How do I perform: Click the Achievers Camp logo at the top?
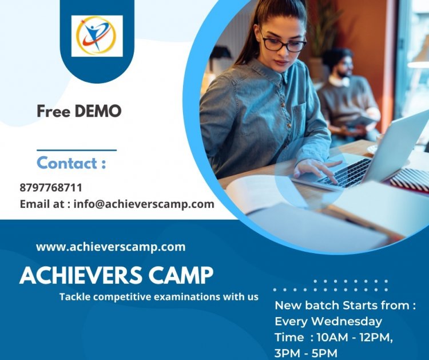[97, 35]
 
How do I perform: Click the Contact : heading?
[71, 163]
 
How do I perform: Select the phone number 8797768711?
[51, 188]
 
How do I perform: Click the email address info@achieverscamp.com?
[144, 204]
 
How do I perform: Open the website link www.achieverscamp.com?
[110, 247]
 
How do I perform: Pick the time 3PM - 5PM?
[305, 353]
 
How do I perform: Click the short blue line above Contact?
[77, 151]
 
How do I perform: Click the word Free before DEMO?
[54, 111]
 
